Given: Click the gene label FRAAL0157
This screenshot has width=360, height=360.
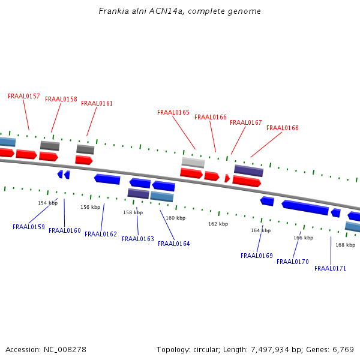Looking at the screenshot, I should point(24,96).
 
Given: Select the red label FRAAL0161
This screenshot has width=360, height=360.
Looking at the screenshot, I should point(97,103).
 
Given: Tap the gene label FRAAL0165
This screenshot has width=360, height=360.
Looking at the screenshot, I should point(173,112).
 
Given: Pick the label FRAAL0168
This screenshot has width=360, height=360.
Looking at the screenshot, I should point(283,128).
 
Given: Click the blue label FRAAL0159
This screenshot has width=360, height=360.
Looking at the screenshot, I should point(29,227).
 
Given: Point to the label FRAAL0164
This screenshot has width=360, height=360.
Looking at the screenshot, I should point(174,244).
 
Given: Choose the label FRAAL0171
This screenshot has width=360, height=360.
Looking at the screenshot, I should point(330,268).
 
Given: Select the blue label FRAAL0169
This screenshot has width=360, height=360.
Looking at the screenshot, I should point(257,256).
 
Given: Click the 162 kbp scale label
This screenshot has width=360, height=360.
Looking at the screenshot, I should point(218,224).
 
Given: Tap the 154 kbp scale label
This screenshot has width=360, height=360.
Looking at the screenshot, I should point(47,203).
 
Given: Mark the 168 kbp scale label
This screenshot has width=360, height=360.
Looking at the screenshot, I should point(345,245).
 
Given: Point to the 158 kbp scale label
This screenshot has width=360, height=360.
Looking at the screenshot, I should point(133,212).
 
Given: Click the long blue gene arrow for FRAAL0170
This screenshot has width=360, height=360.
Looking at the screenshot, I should point(305,208).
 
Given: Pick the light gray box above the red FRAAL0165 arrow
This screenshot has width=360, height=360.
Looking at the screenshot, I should point(193,162).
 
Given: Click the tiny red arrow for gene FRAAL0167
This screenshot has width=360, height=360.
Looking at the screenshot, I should point(227,178).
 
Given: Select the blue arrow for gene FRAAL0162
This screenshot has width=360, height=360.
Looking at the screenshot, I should point(107,179).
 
